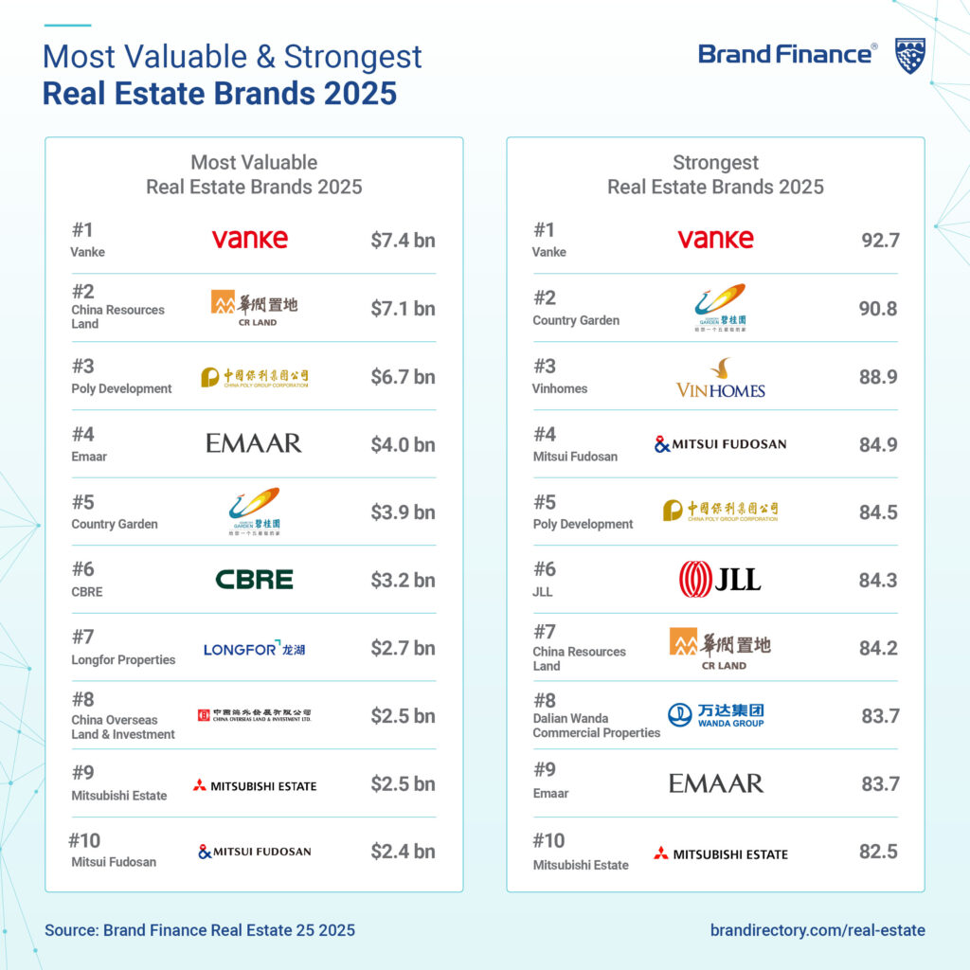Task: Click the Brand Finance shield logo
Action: (909, 56)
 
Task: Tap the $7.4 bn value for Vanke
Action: (403, 241)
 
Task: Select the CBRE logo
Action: (254, 580)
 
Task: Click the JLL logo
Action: (720, 580)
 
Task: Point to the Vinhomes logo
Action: (720, 378)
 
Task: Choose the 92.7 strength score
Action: (879, 241)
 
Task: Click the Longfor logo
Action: (254, 649)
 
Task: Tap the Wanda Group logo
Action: (715, 716)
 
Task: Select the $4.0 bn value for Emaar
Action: (403, 444)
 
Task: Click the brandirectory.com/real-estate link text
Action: (817, 930)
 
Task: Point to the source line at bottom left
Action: (200, 930)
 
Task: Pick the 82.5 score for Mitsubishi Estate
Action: (878, 852)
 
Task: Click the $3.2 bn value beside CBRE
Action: (403, 580)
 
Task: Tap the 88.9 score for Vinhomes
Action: (879, 377)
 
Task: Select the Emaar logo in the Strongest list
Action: (715, 783)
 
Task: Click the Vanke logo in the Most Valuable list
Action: (249, 239)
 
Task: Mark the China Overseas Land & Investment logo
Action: (254, 715)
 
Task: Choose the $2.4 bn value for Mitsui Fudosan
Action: (403, 852)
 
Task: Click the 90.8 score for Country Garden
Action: (879, 309)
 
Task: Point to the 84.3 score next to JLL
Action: (878, 581)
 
